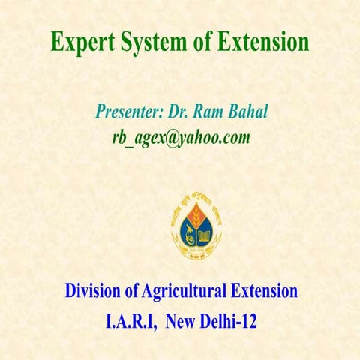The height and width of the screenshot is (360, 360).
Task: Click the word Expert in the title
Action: click(x=81, y=42)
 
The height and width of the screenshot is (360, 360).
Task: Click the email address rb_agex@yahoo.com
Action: click(x=180, y=138)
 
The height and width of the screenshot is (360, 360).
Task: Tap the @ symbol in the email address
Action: click(x=177, y=138)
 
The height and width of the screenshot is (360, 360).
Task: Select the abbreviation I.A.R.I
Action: click(x=130, y=324)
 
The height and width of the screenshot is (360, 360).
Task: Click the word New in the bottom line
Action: click(x=182, y=324)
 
